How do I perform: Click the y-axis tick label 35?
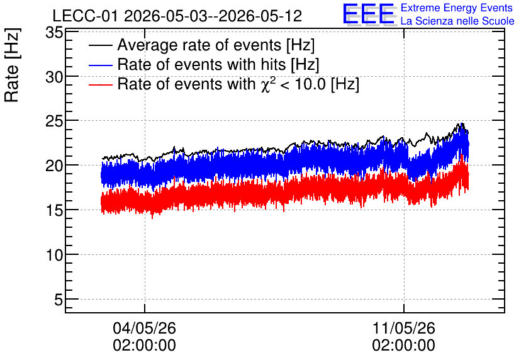coord(54,33)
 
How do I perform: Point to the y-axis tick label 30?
coord(54,77)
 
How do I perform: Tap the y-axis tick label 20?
coord(54,166)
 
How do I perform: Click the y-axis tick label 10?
coord(54,256)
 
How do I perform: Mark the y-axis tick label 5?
coord(59,300)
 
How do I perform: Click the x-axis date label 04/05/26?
coord(144,328)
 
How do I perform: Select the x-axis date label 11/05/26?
coord(403,328)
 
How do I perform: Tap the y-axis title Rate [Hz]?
coord(12,65)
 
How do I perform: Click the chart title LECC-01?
coord(86,16)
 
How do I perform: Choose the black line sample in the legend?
coord(100,45)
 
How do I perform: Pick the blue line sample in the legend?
coord(100,65)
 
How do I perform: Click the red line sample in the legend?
coord(100,84)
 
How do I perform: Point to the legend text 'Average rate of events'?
coord(199,45)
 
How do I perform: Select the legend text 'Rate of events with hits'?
coord(201,64)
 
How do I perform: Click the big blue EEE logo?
coord(369,14)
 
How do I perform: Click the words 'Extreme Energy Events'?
coord(457,8)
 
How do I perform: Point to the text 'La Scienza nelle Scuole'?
coord(457,21)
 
